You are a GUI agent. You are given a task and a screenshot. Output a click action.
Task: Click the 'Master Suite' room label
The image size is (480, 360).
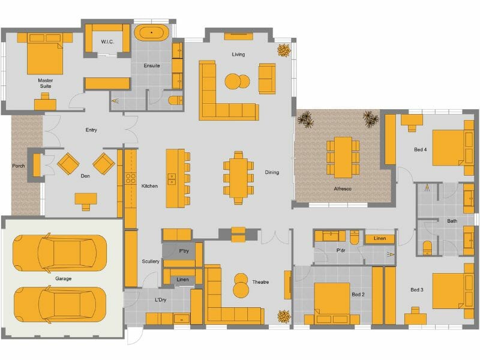pyautogui.click(x=44, y=83)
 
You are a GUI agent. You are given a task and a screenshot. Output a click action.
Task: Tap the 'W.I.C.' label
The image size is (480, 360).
pyautogui.click(x=108, y=42)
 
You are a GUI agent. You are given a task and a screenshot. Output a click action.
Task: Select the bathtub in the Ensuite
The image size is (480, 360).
pyautogui.click(x=152, y=32)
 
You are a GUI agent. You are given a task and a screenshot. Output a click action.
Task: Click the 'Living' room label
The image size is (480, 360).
pyautogui.click(x=238, y=55)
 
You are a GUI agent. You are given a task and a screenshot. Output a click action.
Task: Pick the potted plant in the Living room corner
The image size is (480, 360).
pyautogui.click(x=283, y=50)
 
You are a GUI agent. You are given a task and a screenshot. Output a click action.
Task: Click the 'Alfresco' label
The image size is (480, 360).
pyautogui.click(x=342, y=189)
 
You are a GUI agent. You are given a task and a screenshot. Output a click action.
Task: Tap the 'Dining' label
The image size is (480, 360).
pyautogui.click(x=272, y=173)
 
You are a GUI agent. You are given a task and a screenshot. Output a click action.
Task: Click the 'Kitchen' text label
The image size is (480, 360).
pyautogui.click(x=149, y=186)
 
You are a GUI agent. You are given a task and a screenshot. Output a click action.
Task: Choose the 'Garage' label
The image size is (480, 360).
pyautogui.click(x=63, y=279)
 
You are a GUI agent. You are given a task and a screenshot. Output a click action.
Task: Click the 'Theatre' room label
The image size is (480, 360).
pyautogui.click(x=260, y=282)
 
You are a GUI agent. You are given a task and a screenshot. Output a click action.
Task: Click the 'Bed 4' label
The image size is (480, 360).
pyautogui.click(x=421, y=149)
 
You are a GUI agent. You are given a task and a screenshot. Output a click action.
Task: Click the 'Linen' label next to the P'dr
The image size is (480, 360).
pyautogui.click(x=379, y=239)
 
